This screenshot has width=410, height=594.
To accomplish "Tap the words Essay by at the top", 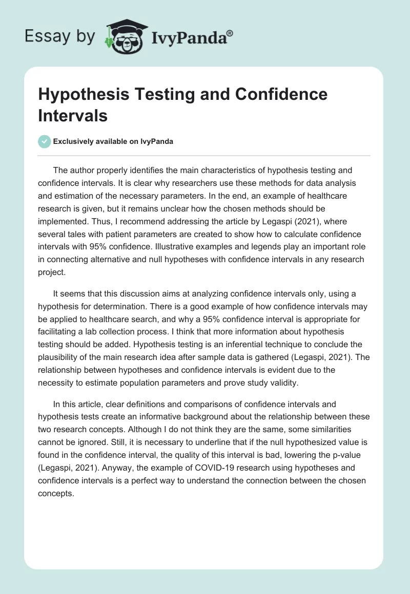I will [59, 36].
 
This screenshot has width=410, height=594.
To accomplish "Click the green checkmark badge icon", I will [45, 141].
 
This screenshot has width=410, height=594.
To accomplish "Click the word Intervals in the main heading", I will [73, 116].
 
